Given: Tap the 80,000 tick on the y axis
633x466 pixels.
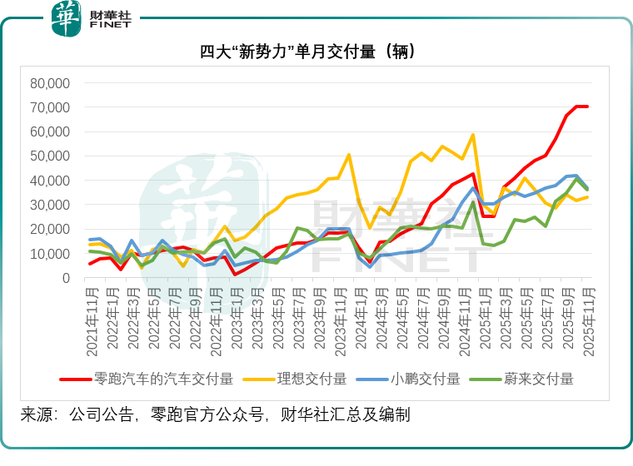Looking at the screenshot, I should pos(51,83).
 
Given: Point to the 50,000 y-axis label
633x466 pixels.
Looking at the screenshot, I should pos(51,156).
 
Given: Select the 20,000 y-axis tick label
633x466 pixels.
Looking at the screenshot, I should pos(51,229).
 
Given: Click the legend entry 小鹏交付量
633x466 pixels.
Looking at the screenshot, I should pos(426,379).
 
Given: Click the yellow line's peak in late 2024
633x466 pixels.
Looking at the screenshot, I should pos(473,135).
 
